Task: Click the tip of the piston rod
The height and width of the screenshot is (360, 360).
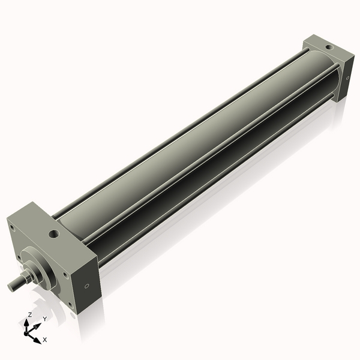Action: tap(10, 286)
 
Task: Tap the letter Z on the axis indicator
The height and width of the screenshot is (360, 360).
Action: tap(29, 314)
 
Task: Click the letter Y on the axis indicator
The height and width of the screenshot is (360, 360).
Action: tap(44, 319)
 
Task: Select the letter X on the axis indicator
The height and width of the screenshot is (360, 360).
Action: tap(45, 340)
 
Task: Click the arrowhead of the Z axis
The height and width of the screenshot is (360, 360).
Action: tap(28, 322)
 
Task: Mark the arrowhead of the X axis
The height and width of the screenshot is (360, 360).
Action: tap(38, 337)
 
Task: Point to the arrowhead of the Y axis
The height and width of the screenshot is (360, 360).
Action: tap(39, 325)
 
